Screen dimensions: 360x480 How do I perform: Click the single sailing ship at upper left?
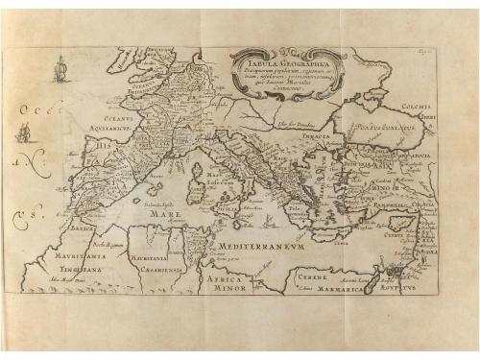(62, 70)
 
